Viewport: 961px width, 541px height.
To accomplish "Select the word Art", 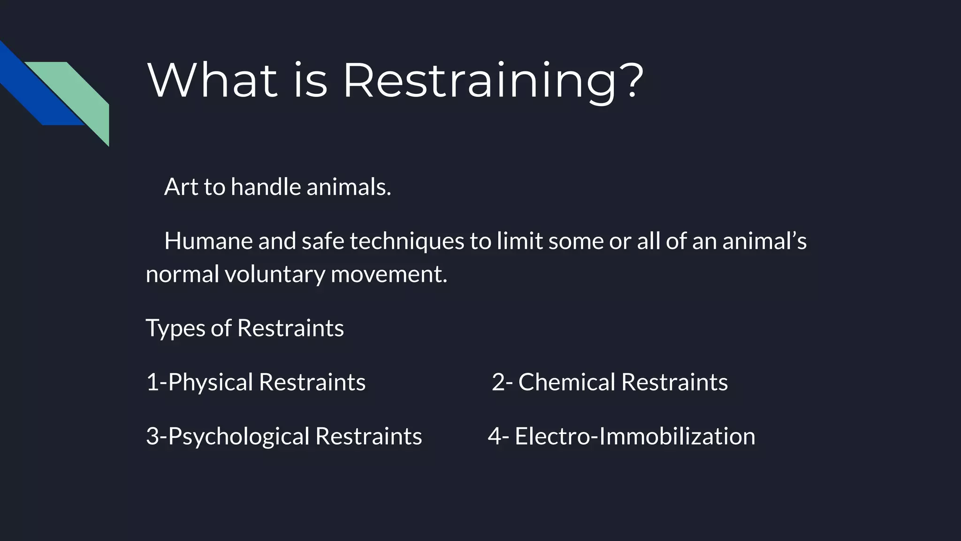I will click(181, 187).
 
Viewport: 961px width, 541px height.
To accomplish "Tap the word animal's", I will click(764, 241).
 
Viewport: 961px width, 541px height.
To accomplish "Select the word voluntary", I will click(275, 274).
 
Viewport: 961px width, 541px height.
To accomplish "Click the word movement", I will click(389, 274).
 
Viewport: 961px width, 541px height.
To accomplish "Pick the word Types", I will click(175, 328).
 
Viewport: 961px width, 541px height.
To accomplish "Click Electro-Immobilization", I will click(635, 436).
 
